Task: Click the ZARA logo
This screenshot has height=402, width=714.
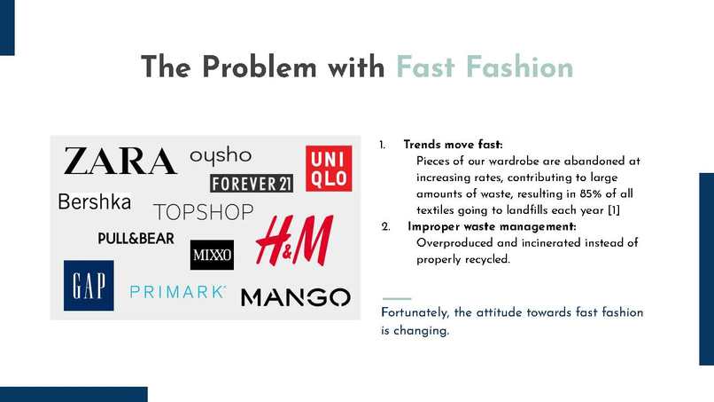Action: [x=120, y=162]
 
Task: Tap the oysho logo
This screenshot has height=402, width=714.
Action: [x=221, y=155]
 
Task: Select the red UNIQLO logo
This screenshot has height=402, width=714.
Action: [x=328, y=168]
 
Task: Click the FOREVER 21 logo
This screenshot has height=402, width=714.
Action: [x=252, y=184]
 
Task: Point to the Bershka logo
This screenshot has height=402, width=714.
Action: [x=94, y=202]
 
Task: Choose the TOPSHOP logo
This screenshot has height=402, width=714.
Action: [x=204, y=213]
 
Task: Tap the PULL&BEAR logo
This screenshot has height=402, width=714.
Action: [x=136, y=239]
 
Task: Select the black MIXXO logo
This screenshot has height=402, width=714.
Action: [x=212, y=256]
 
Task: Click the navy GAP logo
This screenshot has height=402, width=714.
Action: [x=89, y=285]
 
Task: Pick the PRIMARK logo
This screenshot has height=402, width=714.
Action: [x=178, y=291]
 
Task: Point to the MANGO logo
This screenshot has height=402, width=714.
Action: [x=295, y=297]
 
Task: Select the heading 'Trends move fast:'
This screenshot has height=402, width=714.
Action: [x=453, y=145]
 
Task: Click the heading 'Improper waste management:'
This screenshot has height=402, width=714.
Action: [x=492, y=227]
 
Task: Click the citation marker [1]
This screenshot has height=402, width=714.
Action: [x=613, y=211]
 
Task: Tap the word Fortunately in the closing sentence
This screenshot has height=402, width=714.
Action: [x=415, y=312]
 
